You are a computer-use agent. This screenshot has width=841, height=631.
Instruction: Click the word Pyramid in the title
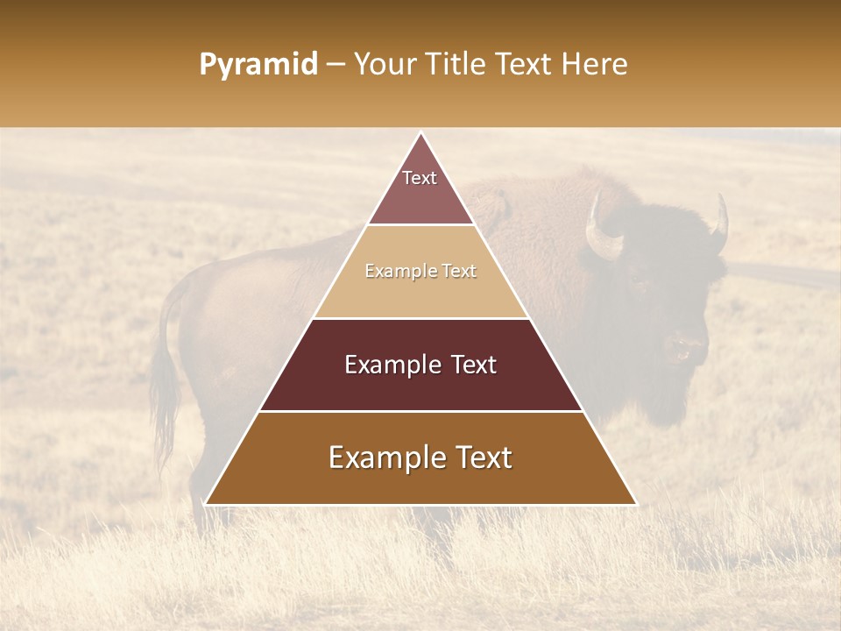pyautogui.click(x=258, y=65)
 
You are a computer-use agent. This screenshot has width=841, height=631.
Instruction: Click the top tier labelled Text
pyautogui.click(x=420, y=188)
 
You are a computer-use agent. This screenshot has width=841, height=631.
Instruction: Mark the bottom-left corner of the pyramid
pyautogui.click(x=206, y=504)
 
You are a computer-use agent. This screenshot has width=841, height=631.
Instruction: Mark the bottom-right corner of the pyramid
pyautogui.click(x=636, y=504)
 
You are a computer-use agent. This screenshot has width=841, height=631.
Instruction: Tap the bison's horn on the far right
pyautogui.click(x=720, y=225)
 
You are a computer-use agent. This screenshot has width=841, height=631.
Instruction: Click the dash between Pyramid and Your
pyautogui.click(x=335, y=65)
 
